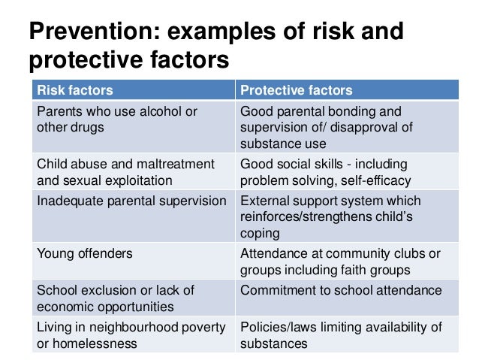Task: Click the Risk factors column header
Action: click(x=75, y=90)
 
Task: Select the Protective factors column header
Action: click(x=296, y=90)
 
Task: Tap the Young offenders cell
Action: click(x=85, y=253)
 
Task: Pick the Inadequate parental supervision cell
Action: click(x=131, y=201)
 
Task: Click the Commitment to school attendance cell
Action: click(x=341, y=290)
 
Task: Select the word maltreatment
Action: click(x=175, y=163)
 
